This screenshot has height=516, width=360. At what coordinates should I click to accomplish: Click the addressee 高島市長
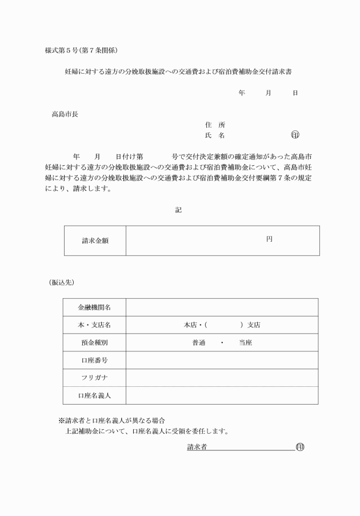coord(65,113)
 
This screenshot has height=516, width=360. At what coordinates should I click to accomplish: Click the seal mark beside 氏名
coord(295,135)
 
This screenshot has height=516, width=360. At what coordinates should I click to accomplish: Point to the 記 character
coord(178,210)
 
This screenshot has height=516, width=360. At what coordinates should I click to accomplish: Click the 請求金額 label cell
coord(95,241)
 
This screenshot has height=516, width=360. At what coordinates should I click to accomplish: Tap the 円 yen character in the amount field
coord(269,239)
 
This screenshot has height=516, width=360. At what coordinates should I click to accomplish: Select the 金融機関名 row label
coord(94,307)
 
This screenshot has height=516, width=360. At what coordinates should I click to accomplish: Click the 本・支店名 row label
coord(94,325)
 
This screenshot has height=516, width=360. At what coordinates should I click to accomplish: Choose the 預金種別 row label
coord(94,343)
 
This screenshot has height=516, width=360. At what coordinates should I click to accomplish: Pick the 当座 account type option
coord(246,343)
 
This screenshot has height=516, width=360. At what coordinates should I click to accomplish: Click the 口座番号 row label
coord(94,361)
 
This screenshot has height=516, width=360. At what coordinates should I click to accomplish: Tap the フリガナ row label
coord(94,378)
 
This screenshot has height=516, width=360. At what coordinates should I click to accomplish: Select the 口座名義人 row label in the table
coord(94,395)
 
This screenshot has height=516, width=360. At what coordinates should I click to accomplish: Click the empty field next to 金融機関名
coord(222,307)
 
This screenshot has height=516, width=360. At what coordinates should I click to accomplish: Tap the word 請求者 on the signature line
coord(197,446)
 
